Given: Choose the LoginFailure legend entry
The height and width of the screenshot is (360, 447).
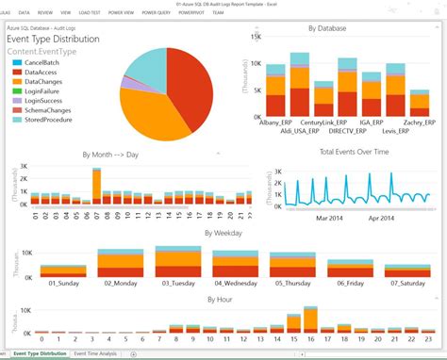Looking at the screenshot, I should pyautogui.click(x=41, y=91).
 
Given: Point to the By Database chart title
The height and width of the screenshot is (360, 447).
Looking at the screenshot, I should pyautogui.click(x=327, y=29).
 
